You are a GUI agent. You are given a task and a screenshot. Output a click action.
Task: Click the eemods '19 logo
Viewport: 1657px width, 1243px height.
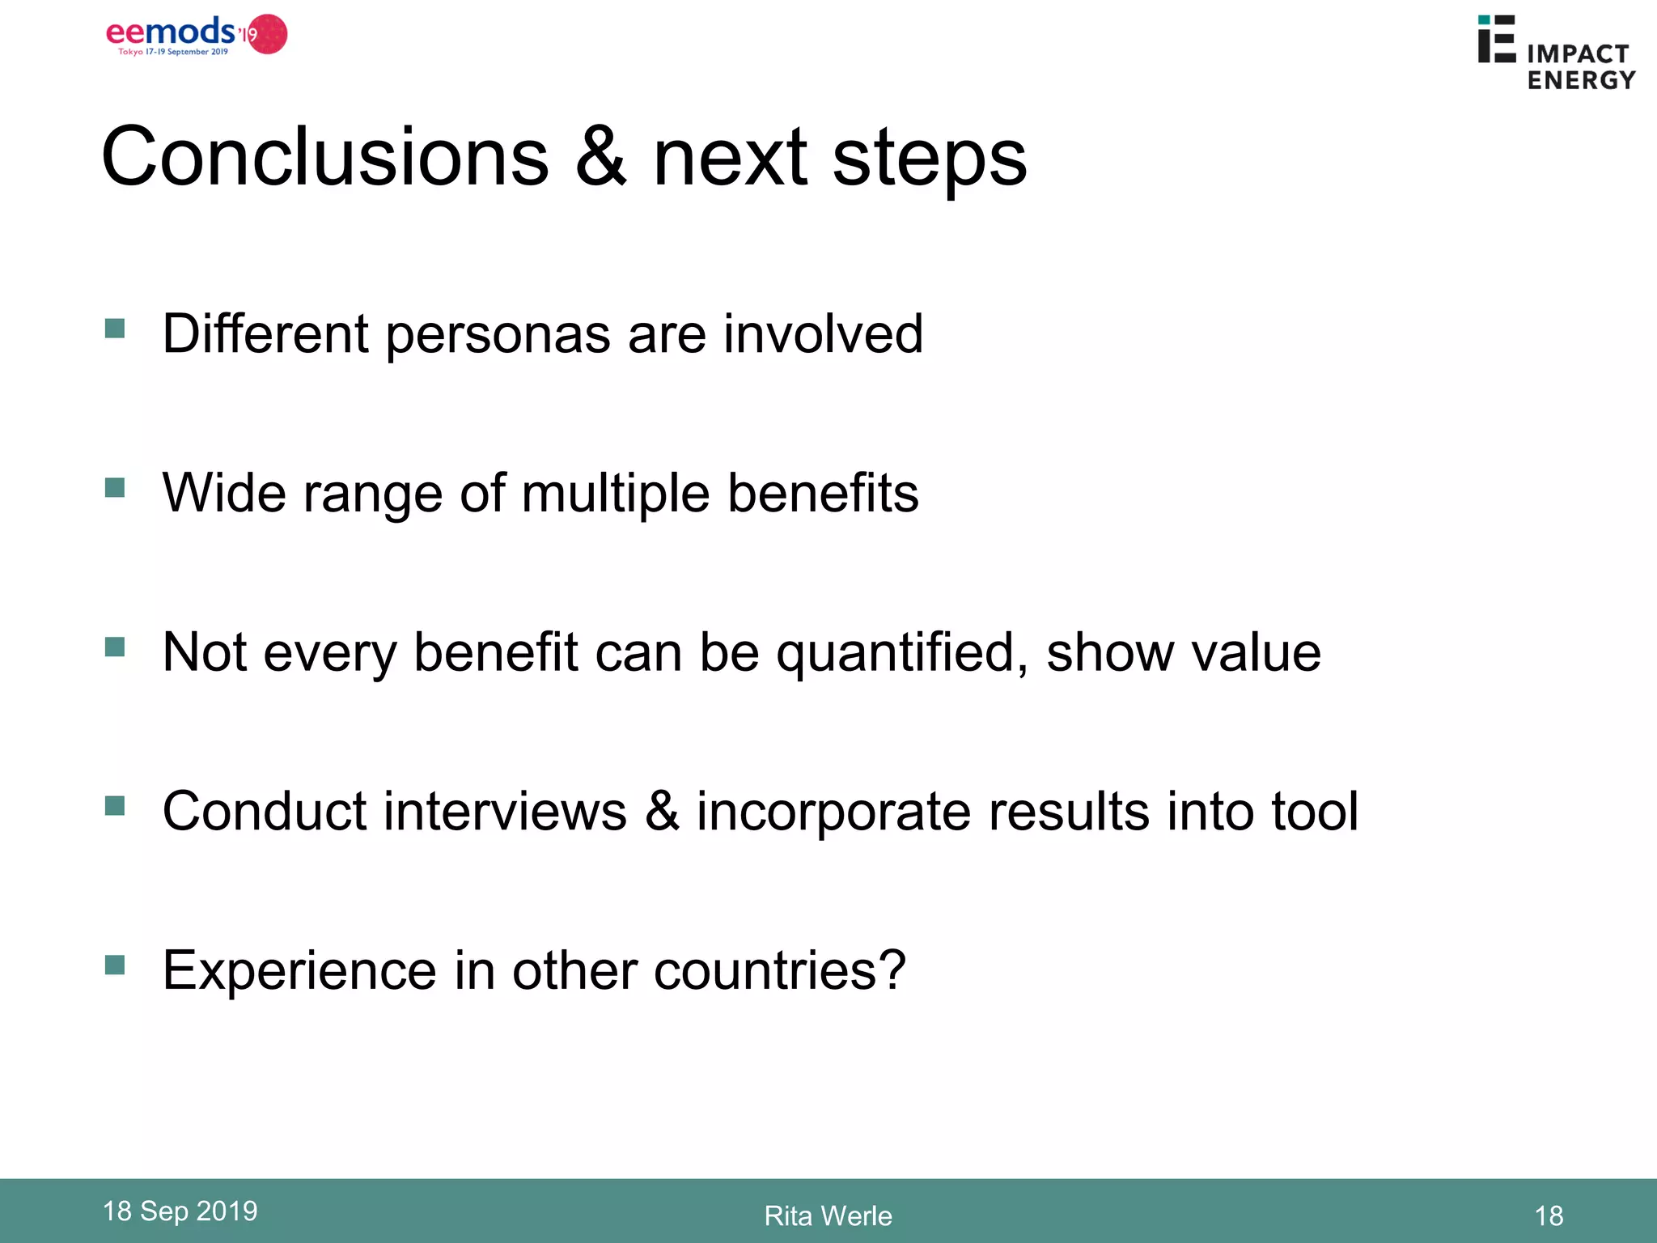click(x=197, y=36)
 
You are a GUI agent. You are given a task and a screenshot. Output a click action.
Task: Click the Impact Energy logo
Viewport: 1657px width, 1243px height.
click(x=1556, y=53)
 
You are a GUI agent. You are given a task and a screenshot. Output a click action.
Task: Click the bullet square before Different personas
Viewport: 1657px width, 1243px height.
click(x=115, y=329)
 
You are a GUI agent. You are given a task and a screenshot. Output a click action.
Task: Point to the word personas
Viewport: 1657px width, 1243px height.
click(x=497, y=334)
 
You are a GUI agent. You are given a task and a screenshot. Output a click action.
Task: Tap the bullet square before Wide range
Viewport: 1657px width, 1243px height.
click(x=115, y=488)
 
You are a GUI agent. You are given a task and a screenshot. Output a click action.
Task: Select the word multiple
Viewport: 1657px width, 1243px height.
click(x=615, y=494)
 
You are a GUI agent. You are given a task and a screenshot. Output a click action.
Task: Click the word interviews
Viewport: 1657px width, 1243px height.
click(x=505, y=811)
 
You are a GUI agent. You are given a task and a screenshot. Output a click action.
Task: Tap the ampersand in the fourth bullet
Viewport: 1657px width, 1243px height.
click(x=662, y=811)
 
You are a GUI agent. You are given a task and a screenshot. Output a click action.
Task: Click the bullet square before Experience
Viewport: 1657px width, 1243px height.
click(x=115, y=965)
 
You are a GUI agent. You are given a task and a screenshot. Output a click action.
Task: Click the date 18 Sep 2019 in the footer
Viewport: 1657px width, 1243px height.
click(x=180, y=1211)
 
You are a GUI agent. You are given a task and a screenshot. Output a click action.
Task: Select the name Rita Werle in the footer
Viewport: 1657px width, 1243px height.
click(x=828, y=1216)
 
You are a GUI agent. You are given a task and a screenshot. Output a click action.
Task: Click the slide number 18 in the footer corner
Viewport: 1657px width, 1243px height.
click(x=1549, y=1216)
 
